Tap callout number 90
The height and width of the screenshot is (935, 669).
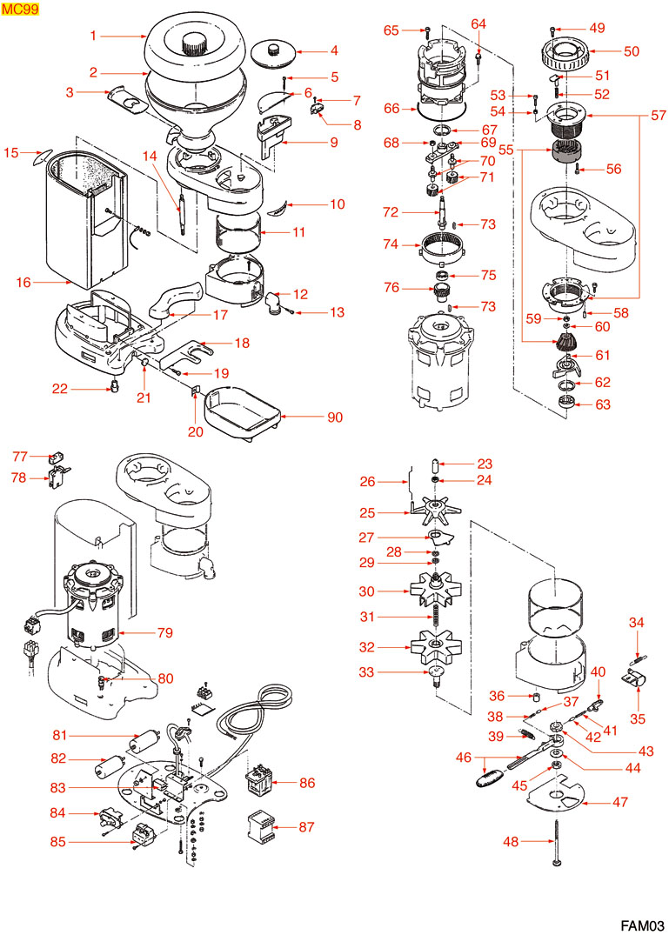[x=335, y=417]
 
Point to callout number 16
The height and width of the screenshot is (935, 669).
[x=23, y=282]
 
